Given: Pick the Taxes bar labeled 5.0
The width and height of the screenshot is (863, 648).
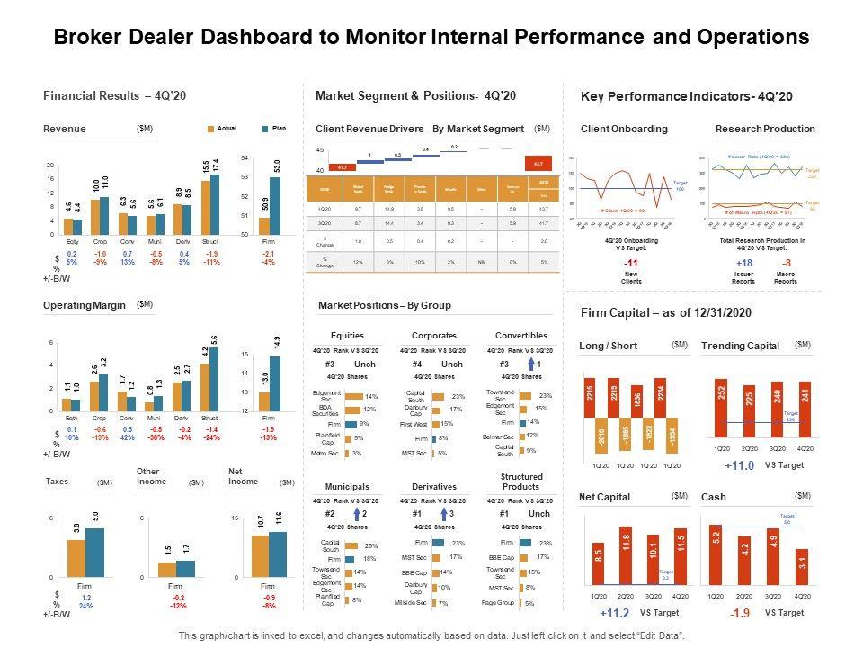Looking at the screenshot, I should pos(94,552).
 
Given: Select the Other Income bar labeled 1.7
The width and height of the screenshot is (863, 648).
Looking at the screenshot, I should pos(186,568).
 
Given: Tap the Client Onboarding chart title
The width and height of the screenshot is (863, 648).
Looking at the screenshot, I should pos(624,129).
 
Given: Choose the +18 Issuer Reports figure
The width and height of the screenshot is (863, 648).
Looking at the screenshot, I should pos(743,263).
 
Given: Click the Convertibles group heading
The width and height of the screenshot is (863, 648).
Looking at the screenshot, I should pos(521,335).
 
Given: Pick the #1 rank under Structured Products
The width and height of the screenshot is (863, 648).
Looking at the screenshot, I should pos(505,514).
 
